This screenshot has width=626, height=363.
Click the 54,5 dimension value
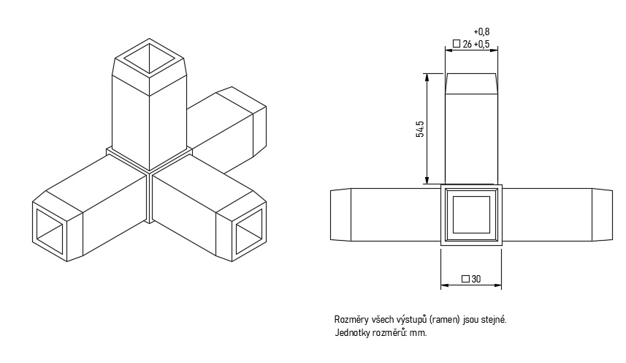[x=420, y=128]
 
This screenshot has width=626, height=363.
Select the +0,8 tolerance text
[x=481, y=31]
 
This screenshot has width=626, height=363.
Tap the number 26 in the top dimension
[x=467, y=44]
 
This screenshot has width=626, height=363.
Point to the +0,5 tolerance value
[x=482, y=44]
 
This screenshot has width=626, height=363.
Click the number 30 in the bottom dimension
[x=476, y=279]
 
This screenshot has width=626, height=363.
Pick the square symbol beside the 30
[x=465, y=279]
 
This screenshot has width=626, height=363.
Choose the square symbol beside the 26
[x=457, y=44]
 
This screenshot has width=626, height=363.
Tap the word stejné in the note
[x=495, y=320]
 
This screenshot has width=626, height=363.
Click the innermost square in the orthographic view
[x=471, y=214]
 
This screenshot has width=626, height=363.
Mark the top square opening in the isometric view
[x=149, y=59]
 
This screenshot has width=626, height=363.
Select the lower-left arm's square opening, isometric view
[x=50, y=232]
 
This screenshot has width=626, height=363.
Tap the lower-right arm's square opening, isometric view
[x=249, y=232]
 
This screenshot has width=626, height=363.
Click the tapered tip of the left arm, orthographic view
[x=340, y=215]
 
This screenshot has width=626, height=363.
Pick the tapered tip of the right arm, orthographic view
[x=602, y=215]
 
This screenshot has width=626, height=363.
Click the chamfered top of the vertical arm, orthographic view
[x=471, y=84]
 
